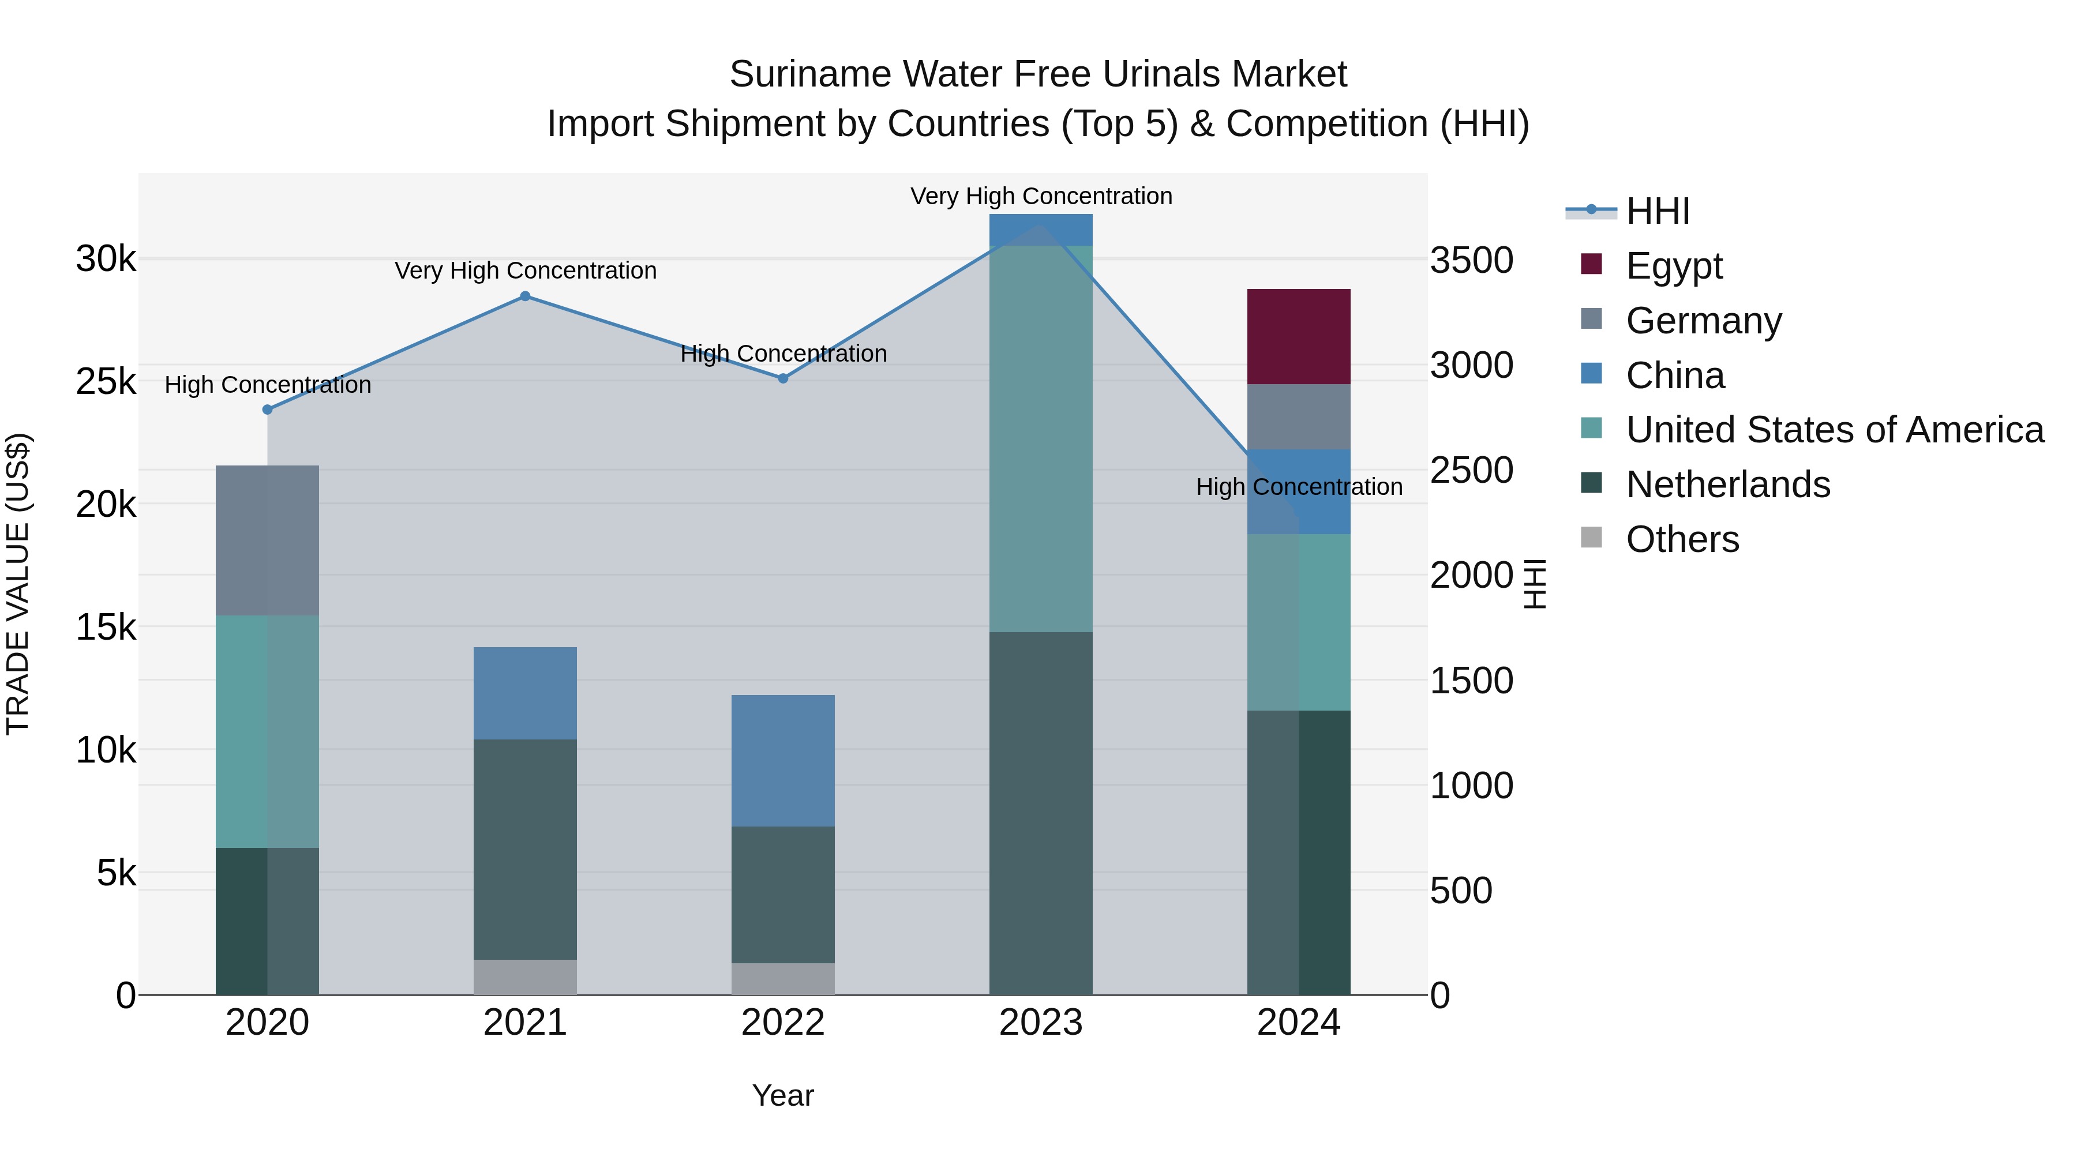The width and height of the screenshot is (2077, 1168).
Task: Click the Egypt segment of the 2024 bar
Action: click(x=1298, y=336)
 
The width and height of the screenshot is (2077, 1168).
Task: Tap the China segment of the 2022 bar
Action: click(x=782, y=760)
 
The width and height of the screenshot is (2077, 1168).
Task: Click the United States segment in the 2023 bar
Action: click(x=1040, y=438)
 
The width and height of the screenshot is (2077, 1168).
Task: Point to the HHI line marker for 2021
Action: click(x=525, y=296)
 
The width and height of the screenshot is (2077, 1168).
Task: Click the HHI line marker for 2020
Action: click(x=268, y=410)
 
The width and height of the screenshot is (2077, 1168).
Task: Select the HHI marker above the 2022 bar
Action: click(x=782, y=378)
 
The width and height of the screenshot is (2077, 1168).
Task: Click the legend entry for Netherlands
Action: click(x=1727, y=485)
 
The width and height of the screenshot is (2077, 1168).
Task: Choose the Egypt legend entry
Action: click(x=1673, y=265)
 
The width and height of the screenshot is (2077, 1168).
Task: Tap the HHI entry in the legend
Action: click(x=1657, y=211)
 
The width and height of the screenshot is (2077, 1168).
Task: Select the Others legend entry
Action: click(x=1682, y=539)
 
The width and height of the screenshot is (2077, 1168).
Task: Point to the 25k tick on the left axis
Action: click(x=106, y=382)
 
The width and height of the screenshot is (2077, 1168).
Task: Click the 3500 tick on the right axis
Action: click(x=1471, y=260)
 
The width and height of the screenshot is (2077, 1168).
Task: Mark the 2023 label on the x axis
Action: click(x=1040, y=1023)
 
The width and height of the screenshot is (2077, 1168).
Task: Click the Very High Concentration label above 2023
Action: click(x=1041, y=196)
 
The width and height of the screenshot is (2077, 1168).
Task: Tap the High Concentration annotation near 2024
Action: click(x=1298, y=487)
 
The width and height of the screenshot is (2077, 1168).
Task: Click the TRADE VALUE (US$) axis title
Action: click(x=18, y=584)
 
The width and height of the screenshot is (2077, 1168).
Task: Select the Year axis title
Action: click(x=782, y=1095)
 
